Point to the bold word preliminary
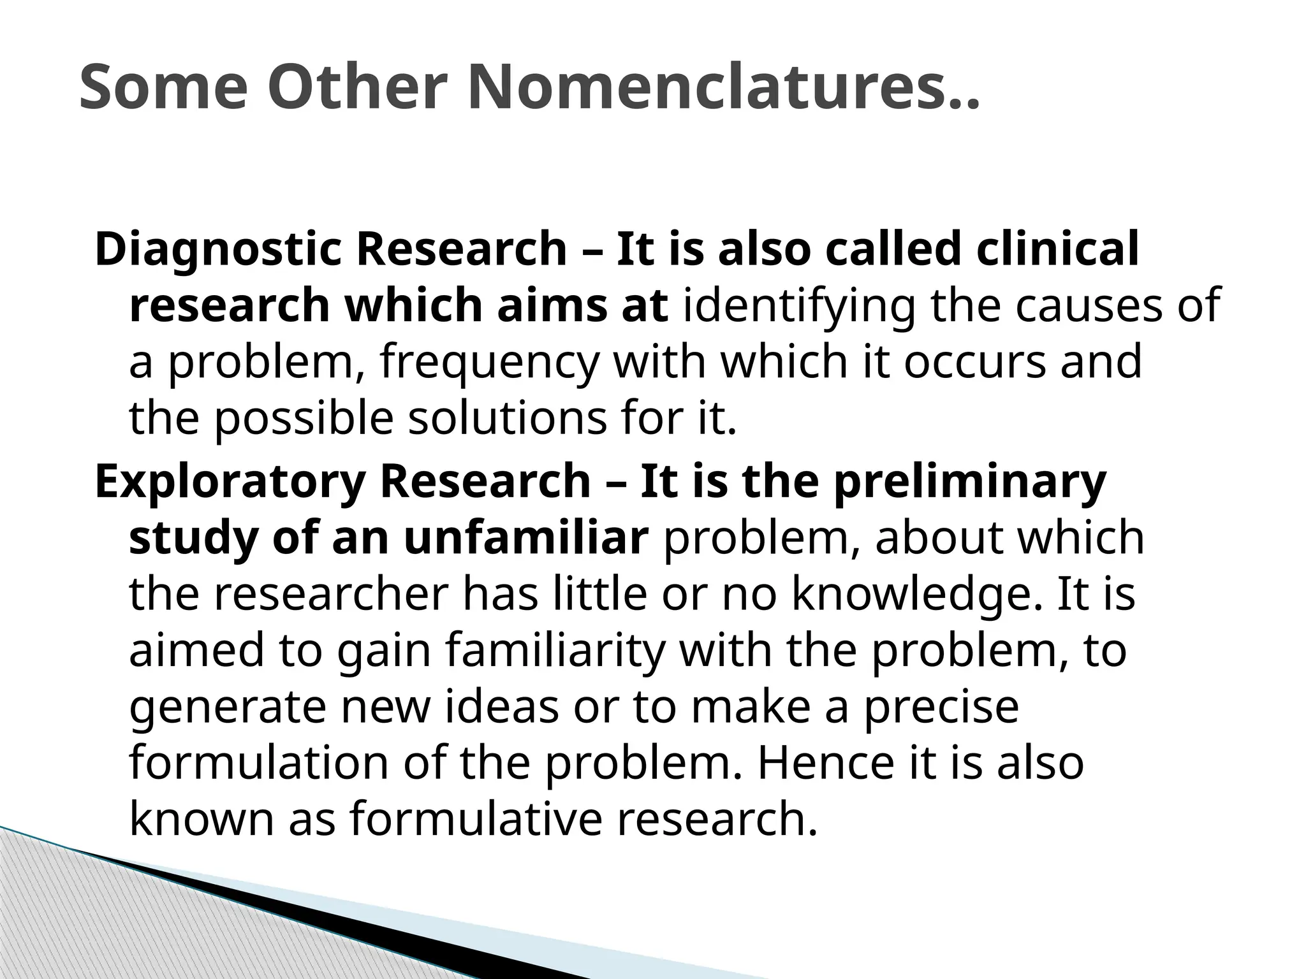click(970, 482)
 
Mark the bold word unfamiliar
click(525, 538)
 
